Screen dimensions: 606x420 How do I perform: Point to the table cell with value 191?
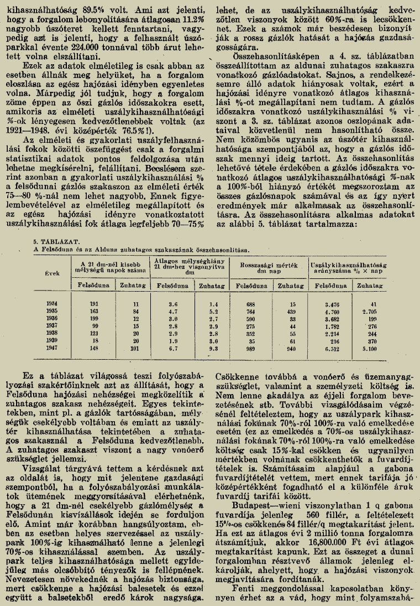94,304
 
